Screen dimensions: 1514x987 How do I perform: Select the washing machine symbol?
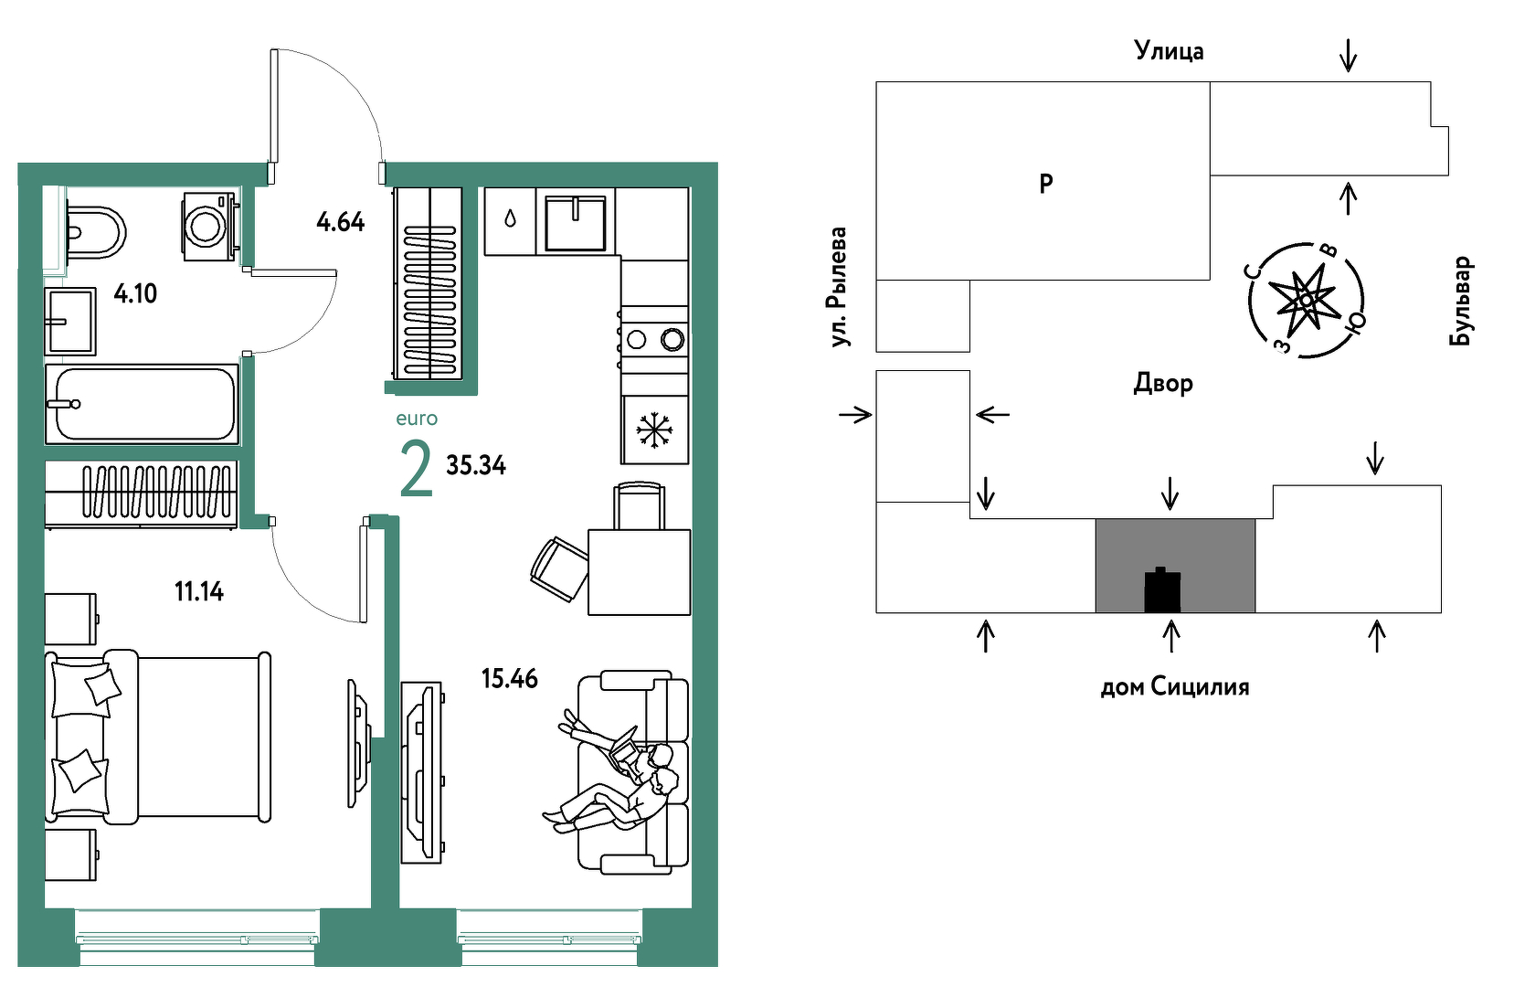pos(209,226)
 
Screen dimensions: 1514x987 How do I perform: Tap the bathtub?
pos(142,404)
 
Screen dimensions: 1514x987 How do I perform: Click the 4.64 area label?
pos(341,222)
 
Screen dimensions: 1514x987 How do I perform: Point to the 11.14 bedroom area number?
pos(198,591)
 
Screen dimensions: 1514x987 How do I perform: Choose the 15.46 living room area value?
pos(510,678)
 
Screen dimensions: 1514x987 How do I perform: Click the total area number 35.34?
pos(476,465)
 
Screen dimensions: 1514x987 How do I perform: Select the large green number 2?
pos(416,468)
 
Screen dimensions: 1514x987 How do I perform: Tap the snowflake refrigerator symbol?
pos(654,430)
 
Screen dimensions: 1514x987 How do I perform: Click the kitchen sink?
pos(576,222)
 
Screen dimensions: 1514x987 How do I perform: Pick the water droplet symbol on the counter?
pos(510,218)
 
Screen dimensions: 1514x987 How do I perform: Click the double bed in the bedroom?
pos(158,737)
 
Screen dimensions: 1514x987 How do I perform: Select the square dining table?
pos(639,572)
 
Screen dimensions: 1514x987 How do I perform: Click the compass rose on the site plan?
pos(1306,300)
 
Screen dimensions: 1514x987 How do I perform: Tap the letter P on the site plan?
pos(1045,183)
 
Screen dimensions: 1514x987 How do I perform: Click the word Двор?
pos(1162,383)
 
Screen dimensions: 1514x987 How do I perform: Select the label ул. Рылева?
pos(838,287)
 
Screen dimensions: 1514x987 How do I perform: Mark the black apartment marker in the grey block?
pos(1162,589)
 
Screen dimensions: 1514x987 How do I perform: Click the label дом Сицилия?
pos(1175,687)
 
